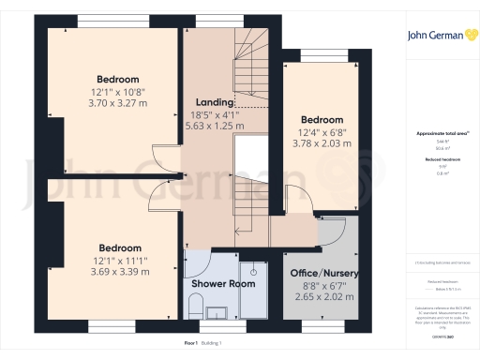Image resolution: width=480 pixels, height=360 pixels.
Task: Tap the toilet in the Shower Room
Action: [x=195, y=304]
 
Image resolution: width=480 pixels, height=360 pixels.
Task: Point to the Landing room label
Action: [x=214, y=101]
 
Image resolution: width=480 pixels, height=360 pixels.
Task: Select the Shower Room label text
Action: [x=223, y=282]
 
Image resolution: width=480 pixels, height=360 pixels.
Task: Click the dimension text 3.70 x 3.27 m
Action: [x=119, y=103]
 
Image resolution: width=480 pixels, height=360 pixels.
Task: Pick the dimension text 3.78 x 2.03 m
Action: [x=322, y=144]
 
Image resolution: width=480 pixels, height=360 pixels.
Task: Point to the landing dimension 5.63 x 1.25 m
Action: [x=214, y=125]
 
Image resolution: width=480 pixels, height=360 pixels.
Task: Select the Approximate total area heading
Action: [x=442, y=134]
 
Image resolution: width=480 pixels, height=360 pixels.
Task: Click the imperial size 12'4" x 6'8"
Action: [x=322, y=132]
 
